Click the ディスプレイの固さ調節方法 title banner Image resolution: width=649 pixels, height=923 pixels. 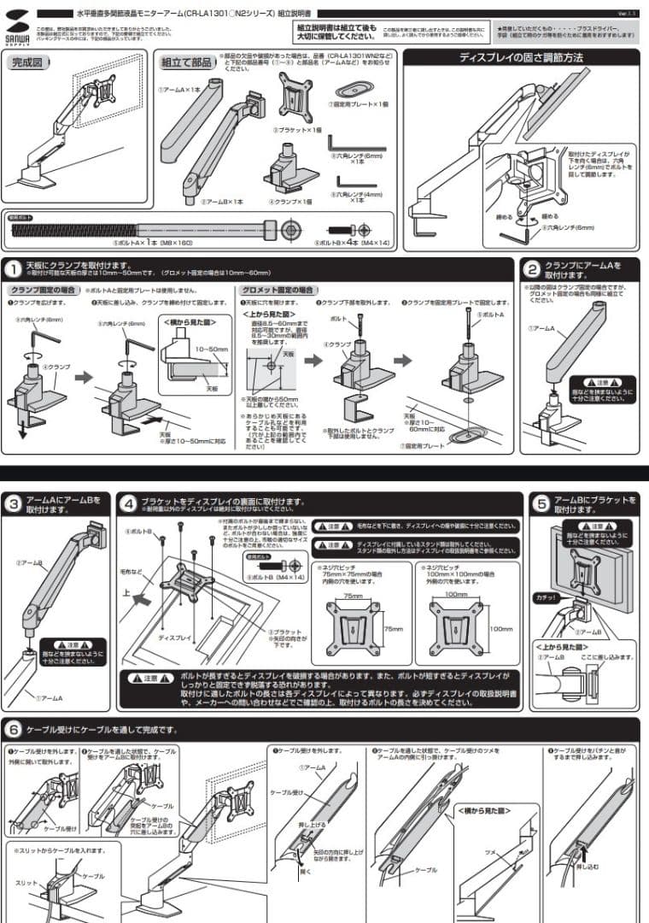tap(521, 58)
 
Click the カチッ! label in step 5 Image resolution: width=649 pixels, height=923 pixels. tap(544, 597)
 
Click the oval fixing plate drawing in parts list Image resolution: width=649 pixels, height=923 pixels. tap(353, 89)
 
